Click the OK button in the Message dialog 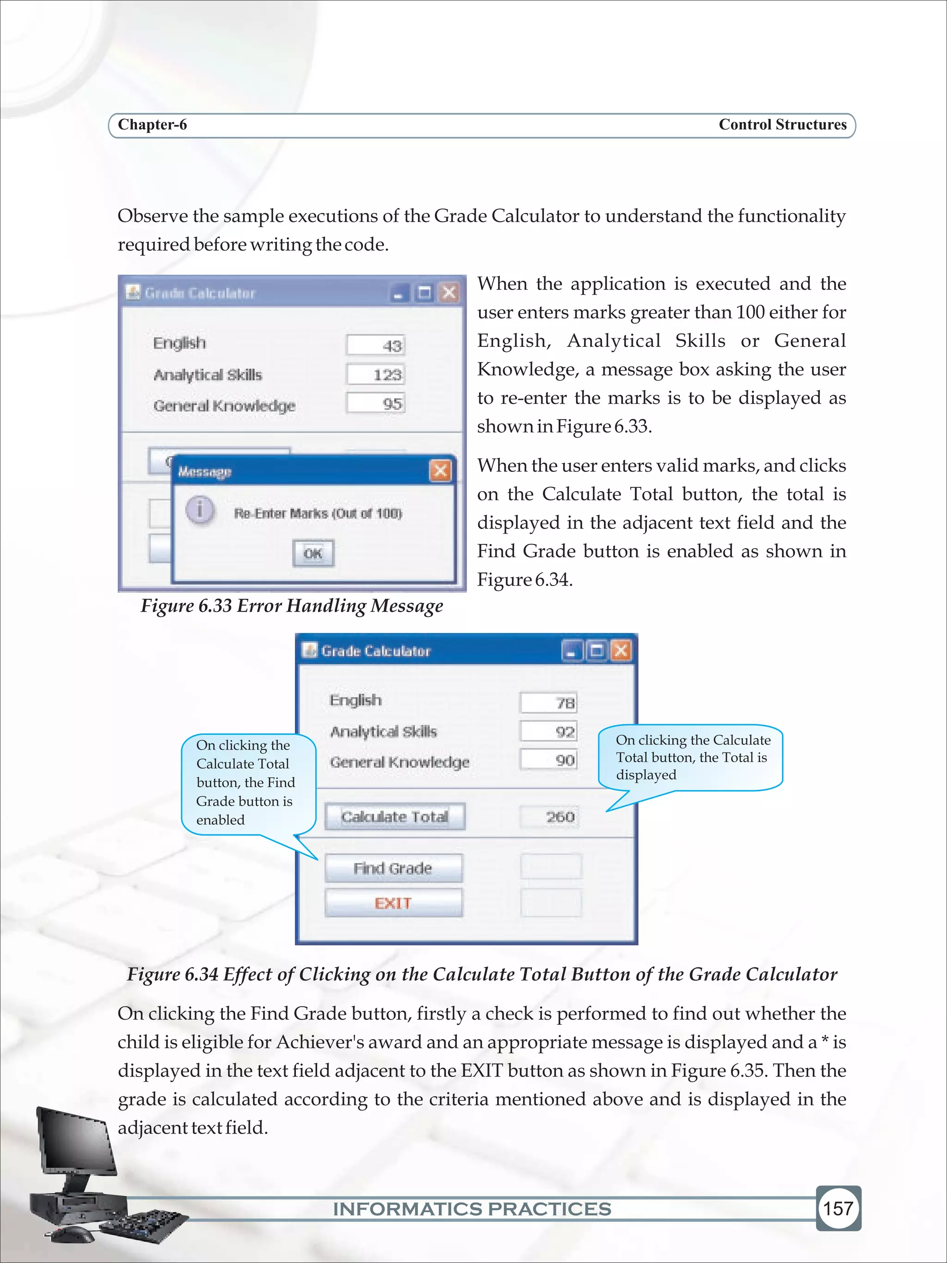[313, 553]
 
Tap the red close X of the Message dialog [440, 471]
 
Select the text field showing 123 [375, 375]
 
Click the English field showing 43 [375, 345]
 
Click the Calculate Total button [394, 817]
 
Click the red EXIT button [394, 903]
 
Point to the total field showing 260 [549, 817]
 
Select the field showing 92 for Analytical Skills [548, 732]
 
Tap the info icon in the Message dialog [200, 509]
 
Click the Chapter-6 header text [153, 125]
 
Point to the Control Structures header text [782, 125]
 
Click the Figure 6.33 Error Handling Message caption [292, 606]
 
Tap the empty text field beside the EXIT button [551, 903]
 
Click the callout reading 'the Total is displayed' [691, 758]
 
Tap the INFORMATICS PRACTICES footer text [472, 1209]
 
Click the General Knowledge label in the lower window [399, 762]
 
